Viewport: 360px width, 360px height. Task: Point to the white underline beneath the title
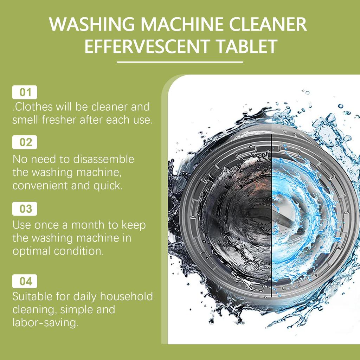(180, 62)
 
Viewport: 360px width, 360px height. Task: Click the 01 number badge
(25, 92)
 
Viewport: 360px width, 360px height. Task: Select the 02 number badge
(25, 142)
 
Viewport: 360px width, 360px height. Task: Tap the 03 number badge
(25, 209)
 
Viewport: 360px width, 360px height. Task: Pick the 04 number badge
(25, 281)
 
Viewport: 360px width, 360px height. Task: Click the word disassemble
(104, 159)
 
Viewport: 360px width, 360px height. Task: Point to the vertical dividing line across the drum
(272, 211)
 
